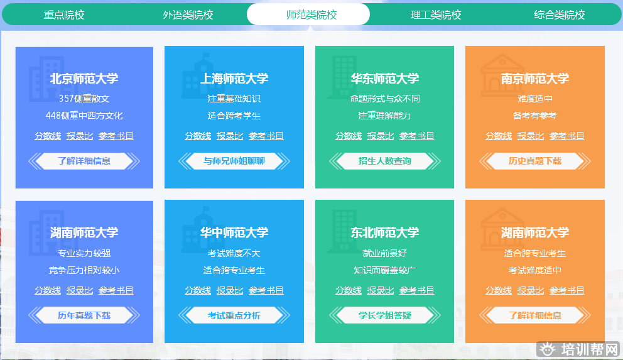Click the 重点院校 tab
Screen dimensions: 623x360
tap(64, 14)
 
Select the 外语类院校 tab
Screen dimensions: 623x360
tap(188, 14)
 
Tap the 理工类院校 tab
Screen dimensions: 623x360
tap(436, 14)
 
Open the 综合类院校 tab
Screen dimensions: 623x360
tap(560, 14)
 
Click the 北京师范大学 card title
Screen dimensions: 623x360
tap(84, 79)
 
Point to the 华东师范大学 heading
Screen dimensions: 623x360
tap(384, 79)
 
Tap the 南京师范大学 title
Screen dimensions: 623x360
tap(535, 79)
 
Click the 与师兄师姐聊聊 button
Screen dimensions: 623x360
tap(234, 161)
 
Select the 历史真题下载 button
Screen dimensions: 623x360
tap(535, 161)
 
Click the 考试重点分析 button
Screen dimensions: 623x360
tap(234, 315)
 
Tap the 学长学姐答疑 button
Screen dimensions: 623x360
tap(384, 315)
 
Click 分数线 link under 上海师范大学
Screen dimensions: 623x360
tap(198, 136)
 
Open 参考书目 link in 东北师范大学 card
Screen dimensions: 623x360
tap(417, 290)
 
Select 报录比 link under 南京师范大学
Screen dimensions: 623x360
tap(531, 136)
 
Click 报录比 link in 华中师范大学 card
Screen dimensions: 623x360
tap(230, 290)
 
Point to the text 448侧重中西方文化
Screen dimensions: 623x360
tap(84, 116)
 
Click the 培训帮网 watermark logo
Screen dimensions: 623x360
tap(578, 350)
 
